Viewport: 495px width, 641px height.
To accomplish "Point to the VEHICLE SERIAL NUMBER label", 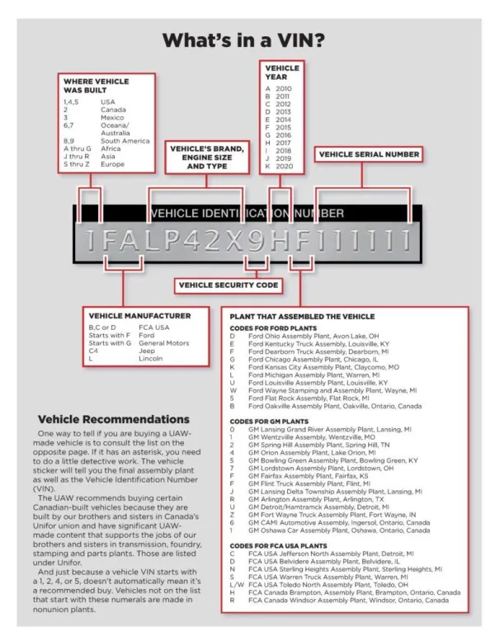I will [369, 154].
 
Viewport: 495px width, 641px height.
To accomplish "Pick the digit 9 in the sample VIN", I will [259, 240].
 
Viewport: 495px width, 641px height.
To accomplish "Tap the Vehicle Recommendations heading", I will [114, 420].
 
